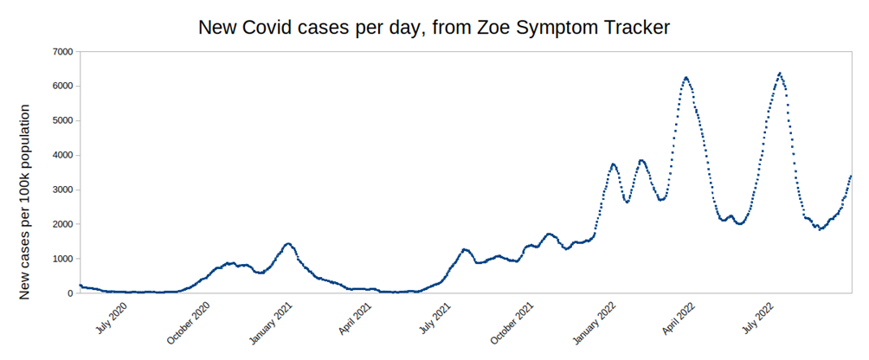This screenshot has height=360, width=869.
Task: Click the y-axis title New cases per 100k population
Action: [x=25, y=202]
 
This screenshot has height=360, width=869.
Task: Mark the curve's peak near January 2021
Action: [x=288, y=244]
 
